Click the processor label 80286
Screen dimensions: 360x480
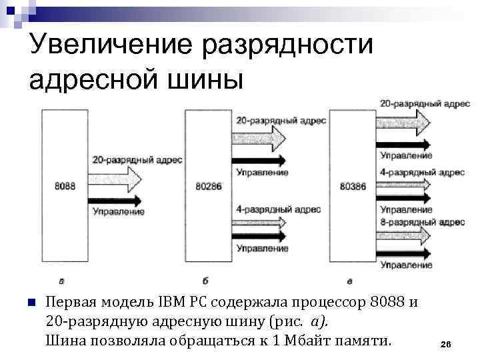tap(208, 186)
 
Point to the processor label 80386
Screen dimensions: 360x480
tap(352, 186)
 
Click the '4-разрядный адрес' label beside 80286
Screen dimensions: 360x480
tap(278, 209)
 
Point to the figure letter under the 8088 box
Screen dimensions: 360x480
tap(62, 279)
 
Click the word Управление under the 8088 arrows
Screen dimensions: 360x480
tap(119, 212)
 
